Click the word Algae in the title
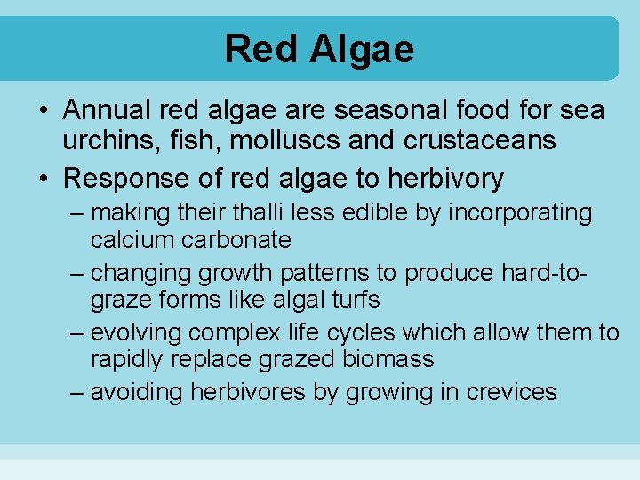pos(363,49)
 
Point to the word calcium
pos(136,240)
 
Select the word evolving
pos(139,332)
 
